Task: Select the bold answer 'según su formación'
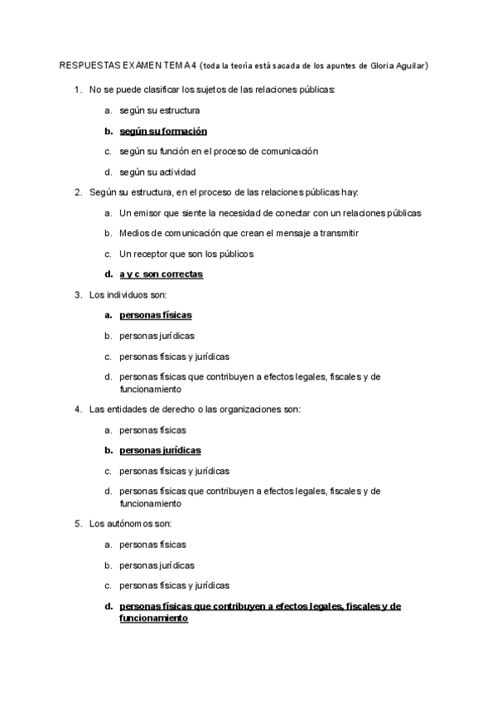pos(163,131)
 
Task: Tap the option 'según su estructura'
pos(159,110)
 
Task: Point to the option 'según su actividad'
pos(157,172)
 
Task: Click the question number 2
pos(77,192)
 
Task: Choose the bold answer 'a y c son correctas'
pos(161,274)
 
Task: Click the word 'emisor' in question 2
pos(148,213)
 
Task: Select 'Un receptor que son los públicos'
pos(186,254)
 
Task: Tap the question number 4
pos(77,409)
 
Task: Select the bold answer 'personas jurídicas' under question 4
pos(161,450)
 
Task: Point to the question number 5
pos(77,524)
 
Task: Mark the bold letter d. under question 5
pos(108,606)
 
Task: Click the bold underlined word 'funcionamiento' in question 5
pos(154,618)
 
